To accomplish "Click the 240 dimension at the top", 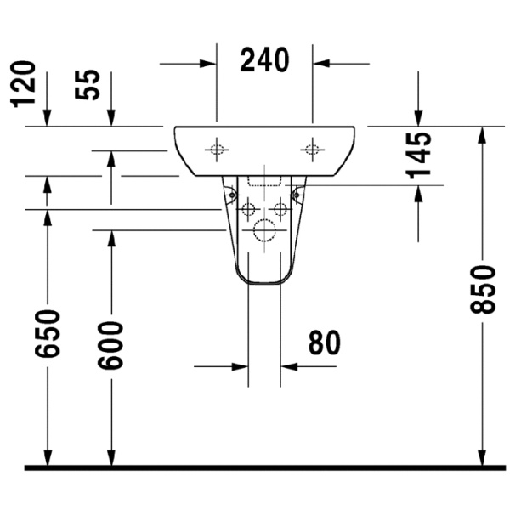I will [264, 60].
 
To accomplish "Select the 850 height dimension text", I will [482, 289].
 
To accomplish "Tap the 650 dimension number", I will [48, 333].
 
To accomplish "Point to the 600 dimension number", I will [110, 343].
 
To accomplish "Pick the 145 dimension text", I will [418, 155].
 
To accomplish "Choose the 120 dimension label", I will [23, 84].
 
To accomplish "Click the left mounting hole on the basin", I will [217, 150].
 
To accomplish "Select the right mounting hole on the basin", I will [312, 150].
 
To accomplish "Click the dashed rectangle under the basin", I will [263, 181].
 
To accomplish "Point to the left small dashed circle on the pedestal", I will [248, 208].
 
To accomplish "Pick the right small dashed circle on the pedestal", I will [280, 208].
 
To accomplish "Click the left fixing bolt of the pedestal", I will [230, 196].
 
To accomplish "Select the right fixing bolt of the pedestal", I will [297, 196].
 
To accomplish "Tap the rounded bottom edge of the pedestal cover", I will [264, 284].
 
